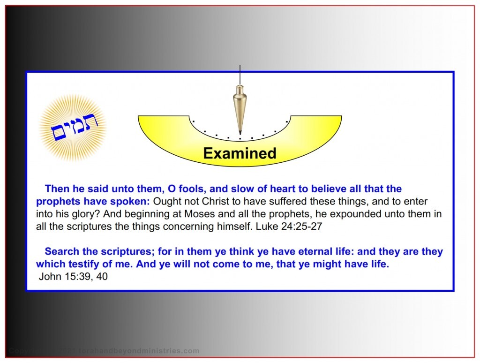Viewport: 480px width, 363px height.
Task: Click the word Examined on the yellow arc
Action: coord(240,153)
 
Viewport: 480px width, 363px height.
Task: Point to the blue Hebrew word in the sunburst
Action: coord(73,128)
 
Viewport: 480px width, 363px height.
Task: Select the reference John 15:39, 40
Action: coord(73,277)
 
